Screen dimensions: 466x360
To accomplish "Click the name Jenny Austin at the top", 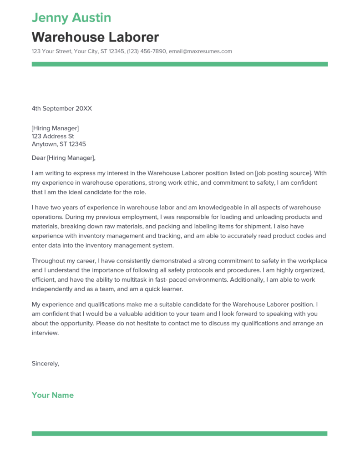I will pos(71,18).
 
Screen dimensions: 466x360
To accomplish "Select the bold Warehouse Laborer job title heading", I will pos(95,37).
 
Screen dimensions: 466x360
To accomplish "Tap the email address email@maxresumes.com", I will pos(200,51).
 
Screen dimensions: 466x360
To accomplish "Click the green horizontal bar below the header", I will pos(179,65).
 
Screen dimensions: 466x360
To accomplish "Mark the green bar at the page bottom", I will pos(179,434).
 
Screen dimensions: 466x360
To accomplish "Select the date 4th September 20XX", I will pos(62,109).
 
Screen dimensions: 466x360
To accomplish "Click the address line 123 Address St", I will pos(53,137).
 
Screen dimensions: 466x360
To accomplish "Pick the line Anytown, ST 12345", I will pos(59,145).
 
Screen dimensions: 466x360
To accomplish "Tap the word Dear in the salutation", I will pos(38,158).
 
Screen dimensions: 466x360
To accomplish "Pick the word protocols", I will pos(220,270).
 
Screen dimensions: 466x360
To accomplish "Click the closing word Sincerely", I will pos(45,364).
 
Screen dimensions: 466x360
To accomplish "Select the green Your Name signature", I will pos(52,395).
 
